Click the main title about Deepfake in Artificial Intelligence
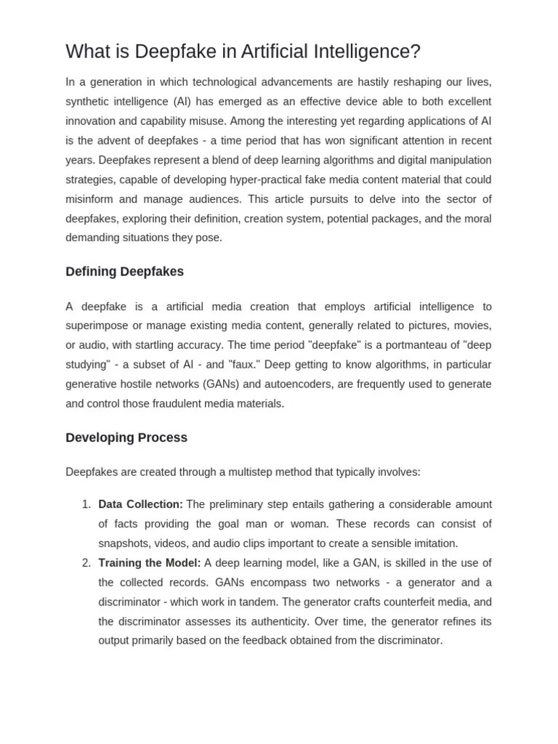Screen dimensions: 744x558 coord(243,52)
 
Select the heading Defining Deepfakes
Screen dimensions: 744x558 coord(124,272)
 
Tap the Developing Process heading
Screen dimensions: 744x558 coord(126,437)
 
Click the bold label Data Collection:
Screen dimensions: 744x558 coord(140,504)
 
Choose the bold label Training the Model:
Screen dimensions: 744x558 coord(149,562)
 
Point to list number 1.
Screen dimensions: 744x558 coord(86,504)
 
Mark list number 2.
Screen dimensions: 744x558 coord(86,562)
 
